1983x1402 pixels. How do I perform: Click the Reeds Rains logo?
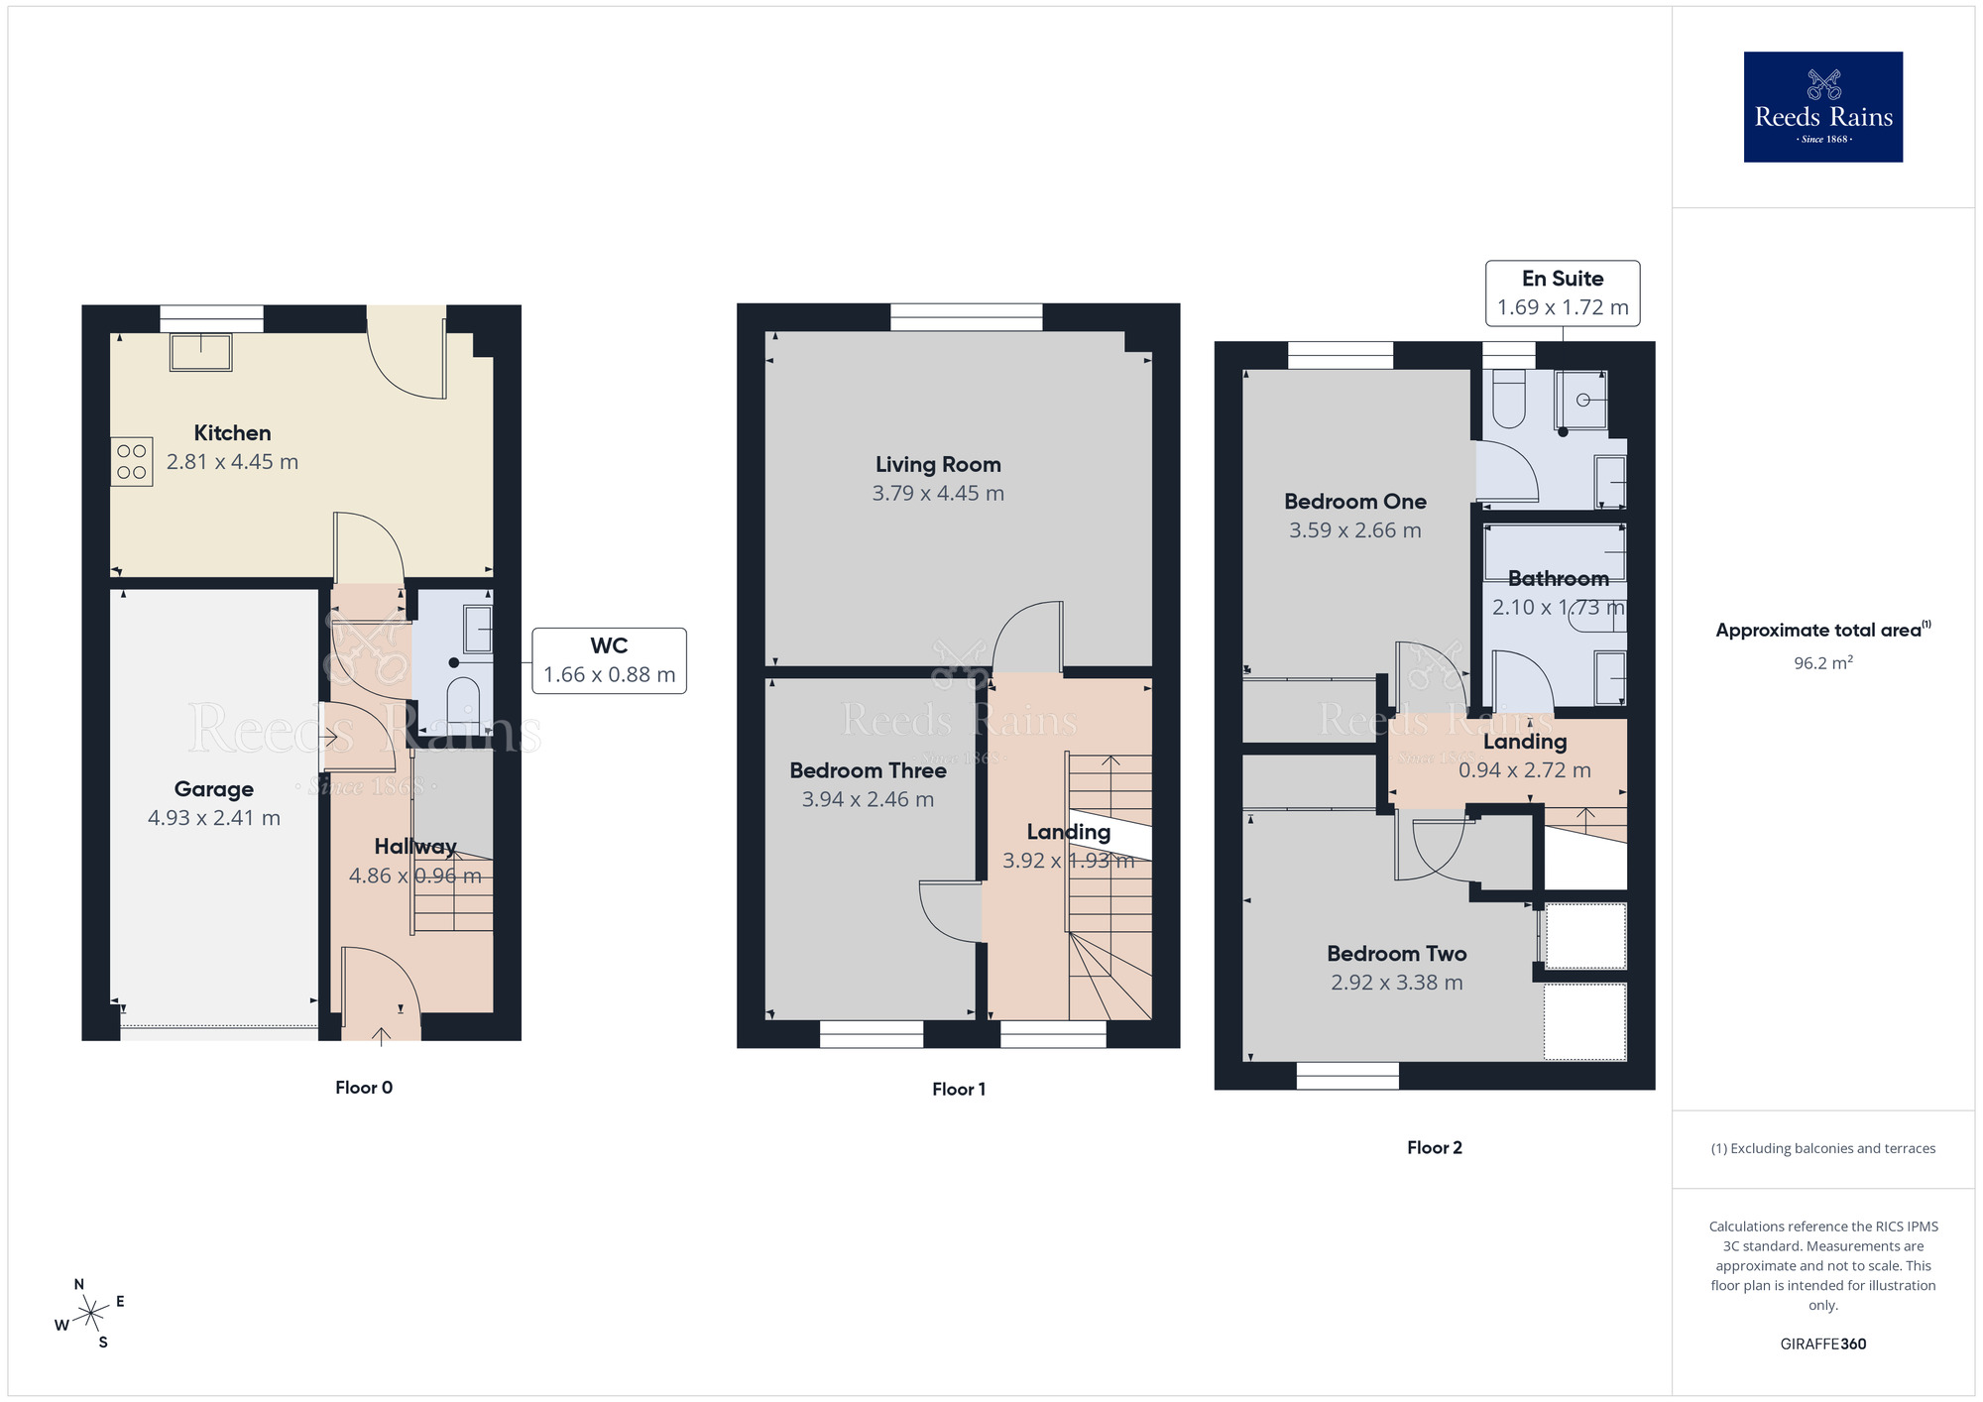[1822, 107]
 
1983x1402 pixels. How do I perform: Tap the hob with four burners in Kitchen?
[132, 462]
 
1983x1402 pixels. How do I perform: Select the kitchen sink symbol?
[201, 352]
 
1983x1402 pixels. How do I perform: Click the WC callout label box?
[609, 660]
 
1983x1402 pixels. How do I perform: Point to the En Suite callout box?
[1562, 292]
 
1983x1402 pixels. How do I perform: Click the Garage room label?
[214, 789]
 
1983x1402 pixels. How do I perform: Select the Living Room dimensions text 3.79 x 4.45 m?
[938, 494]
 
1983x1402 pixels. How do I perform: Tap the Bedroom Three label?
[868, 770]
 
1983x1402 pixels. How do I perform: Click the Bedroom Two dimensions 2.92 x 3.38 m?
[1396, 983]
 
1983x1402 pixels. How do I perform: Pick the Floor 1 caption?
[958, 1090]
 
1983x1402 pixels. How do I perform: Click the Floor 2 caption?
[1434, 1148]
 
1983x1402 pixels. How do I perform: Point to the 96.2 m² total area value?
[1822, 663]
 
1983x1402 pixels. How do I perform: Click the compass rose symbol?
[90, 1314]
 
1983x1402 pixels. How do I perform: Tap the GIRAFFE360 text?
[1822, 1344]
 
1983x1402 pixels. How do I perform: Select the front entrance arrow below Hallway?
[381, 1035]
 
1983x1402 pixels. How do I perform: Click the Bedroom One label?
[1354, 502]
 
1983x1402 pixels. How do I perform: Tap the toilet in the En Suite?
[1508, 399]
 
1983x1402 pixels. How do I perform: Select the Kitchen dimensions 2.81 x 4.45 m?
[232, 462]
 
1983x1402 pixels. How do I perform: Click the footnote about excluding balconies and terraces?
[1822, 1149]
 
